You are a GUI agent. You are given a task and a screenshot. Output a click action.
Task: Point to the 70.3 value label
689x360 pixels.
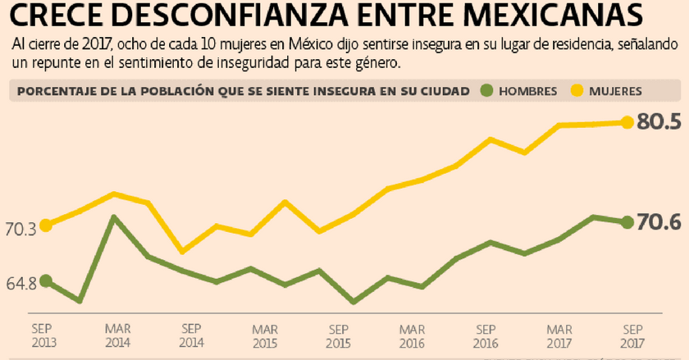[21, 230]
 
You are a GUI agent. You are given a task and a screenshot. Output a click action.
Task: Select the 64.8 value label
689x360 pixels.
[21, 284]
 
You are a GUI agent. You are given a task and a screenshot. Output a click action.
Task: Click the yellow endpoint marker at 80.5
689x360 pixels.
[627, 122]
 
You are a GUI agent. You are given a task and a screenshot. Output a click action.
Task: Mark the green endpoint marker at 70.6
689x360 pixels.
[627, 222]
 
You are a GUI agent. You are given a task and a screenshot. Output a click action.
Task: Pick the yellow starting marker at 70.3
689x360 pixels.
[46, 225]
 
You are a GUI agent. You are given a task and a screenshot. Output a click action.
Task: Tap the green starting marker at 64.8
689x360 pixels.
[46, 280]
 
